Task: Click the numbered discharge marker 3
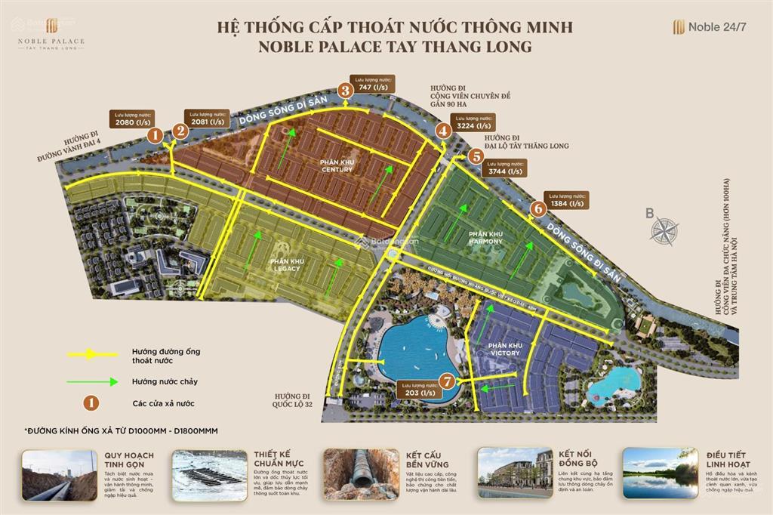346,91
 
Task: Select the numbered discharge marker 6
538,208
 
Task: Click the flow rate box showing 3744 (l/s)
504,168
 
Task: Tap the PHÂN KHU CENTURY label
337,165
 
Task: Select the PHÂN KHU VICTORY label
506,348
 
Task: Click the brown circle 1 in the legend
91,402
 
